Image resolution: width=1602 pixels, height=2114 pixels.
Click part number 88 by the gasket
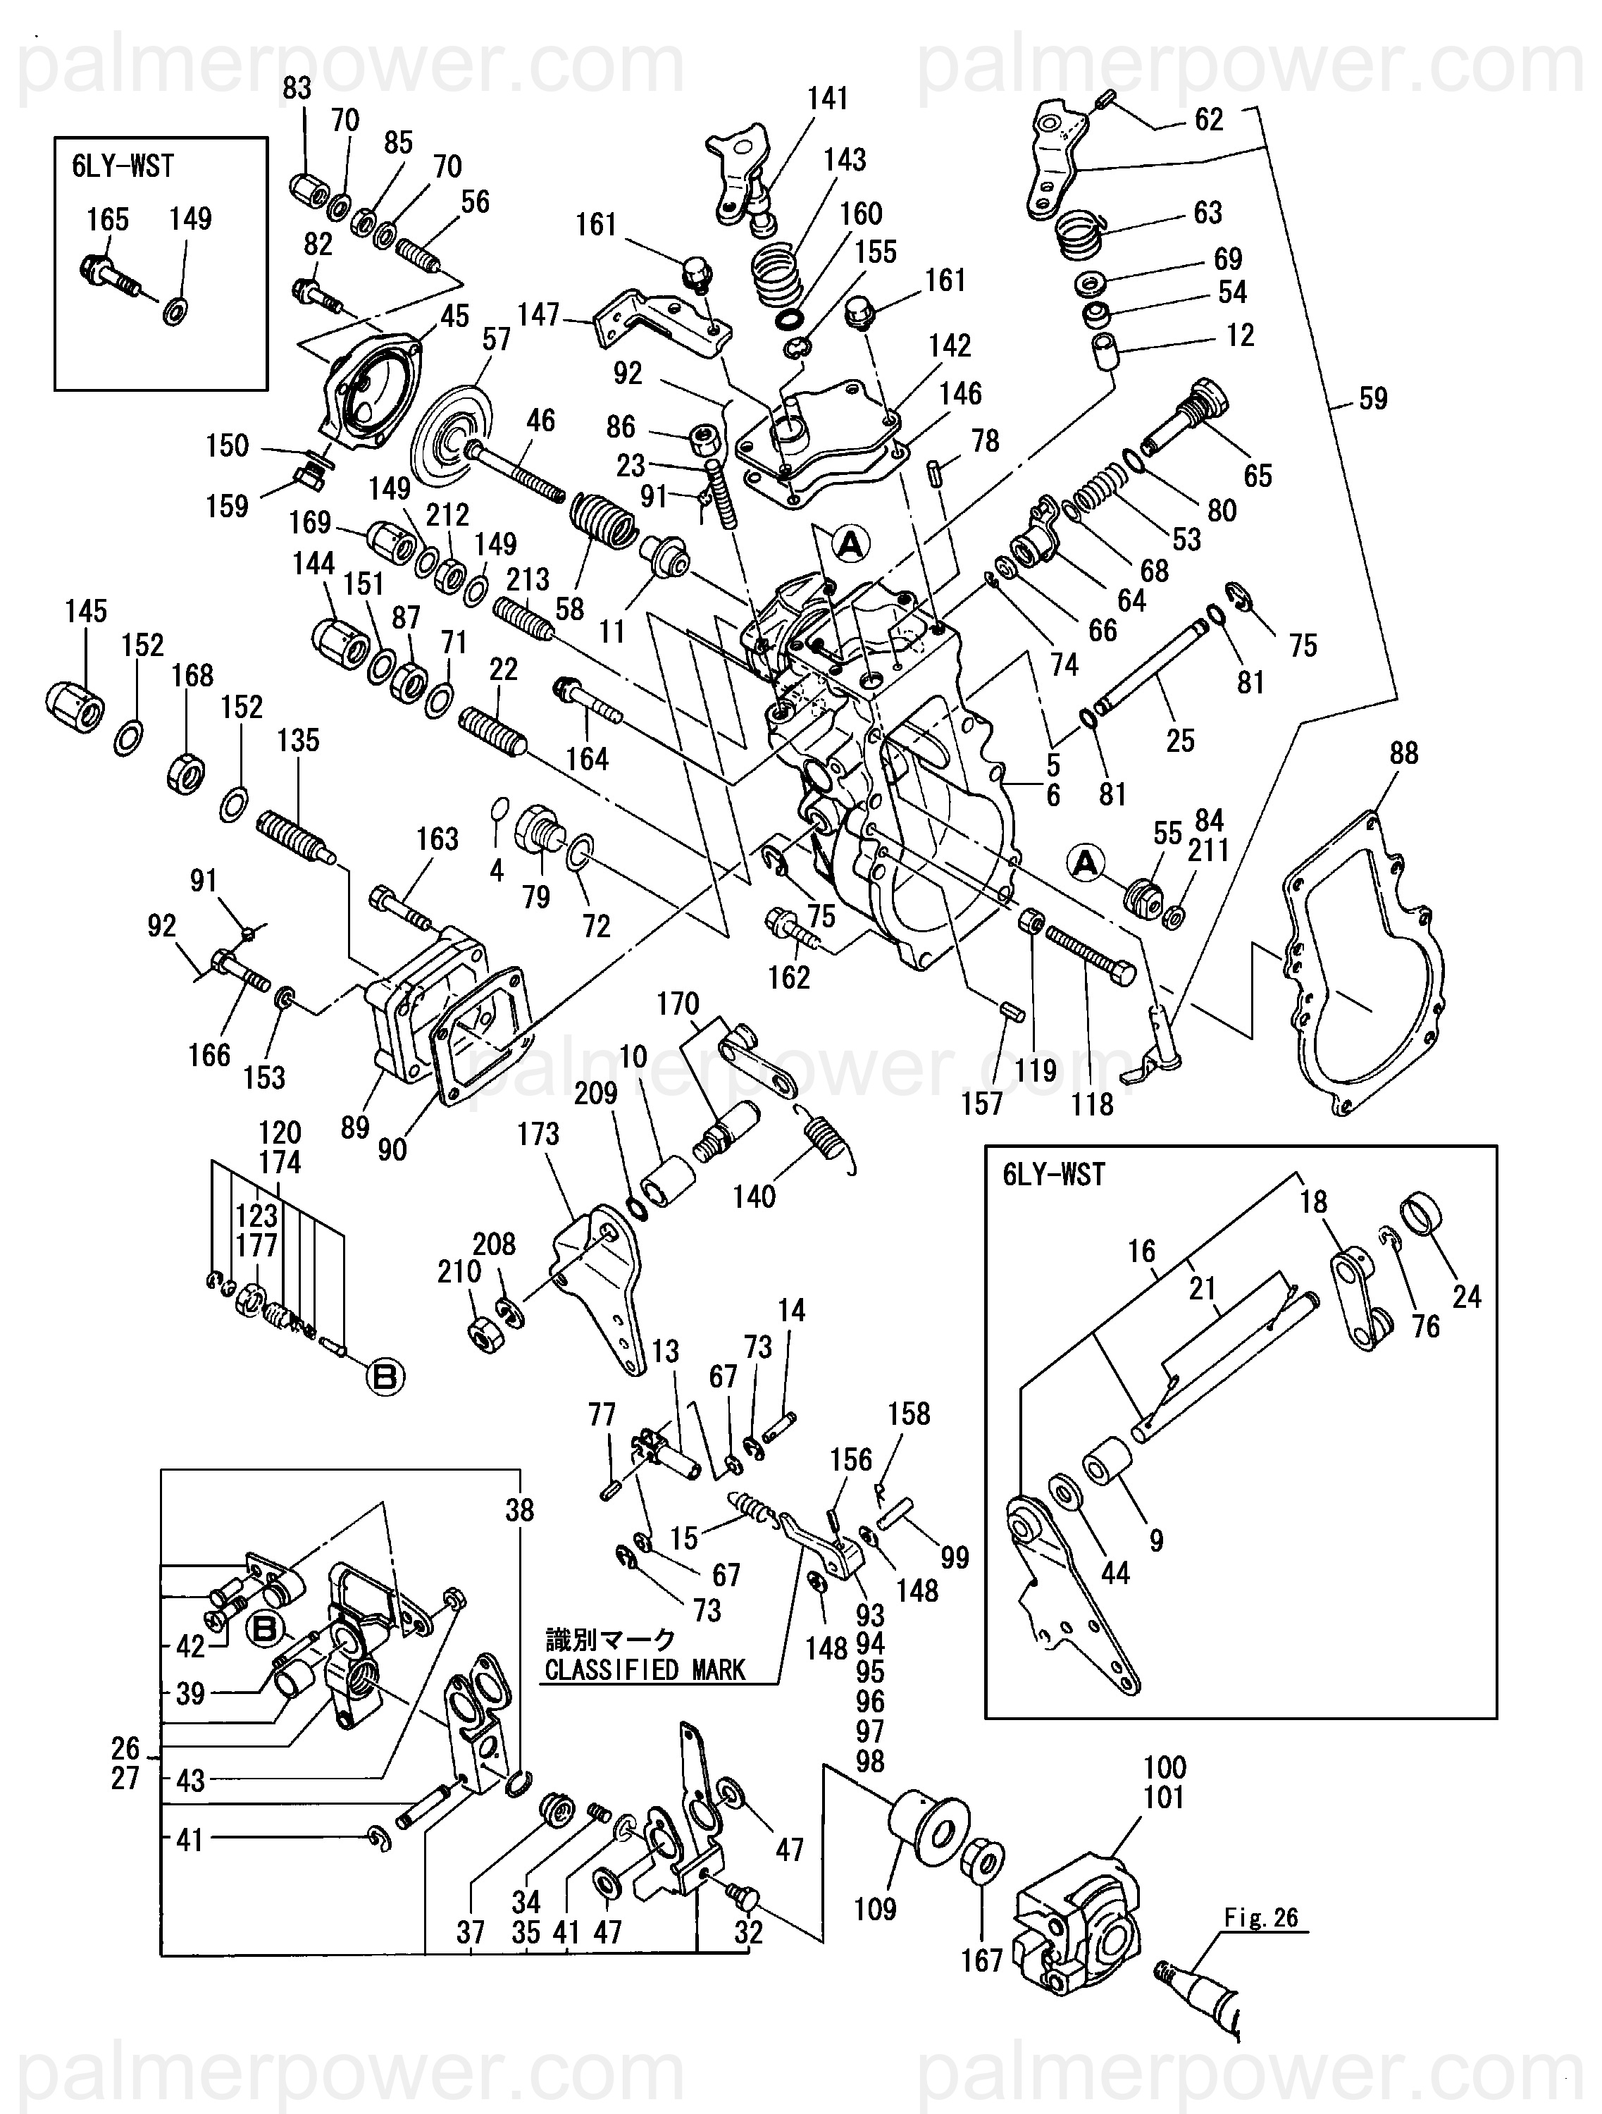(x=1403, y=753)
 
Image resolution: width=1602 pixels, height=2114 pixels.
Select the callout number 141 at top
(x=827, y=99)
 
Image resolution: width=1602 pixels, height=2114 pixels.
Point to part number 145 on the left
(x=86, y=612)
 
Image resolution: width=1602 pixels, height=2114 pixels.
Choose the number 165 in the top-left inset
(x=107, y=220)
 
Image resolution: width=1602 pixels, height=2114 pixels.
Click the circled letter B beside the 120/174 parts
(x=385, y=1376)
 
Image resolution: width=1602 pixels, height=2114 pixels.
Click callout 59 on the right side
(x=1373, y=399)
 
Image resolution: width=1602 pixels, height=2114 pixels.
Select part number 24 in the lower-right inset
(x=1466, y=1296)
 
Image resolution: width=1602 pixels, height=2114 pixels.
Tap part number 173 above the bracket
(x=538, y=1135)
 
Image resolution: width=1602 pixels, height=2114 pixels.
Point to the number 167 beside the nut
(x=982, y=1961)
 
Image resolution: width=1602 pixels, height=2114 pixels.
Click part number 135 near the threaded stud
(x=298, y=740)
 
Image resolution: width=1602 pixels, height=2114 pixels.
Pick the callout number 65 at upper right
(x=1257, y=475)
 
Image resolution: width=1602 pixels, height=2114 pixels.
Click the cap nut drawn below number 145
(x=75, y=708)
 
